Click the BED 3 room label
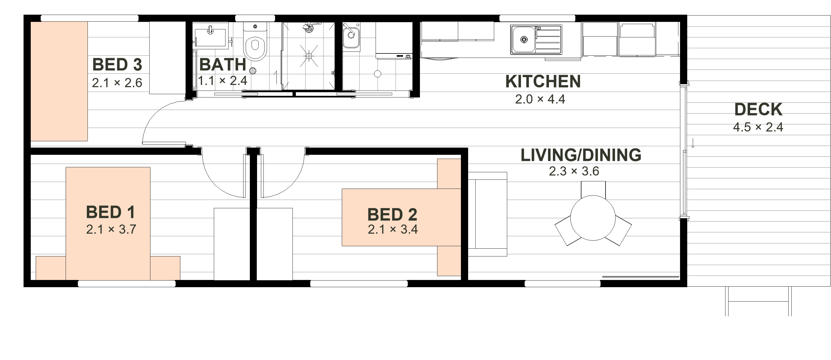click(x=117, y=65)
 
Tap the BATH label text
click(x=223, y=65)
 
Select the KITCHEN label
click(x=543, y=81)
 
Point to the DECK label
click(x=758, y=109)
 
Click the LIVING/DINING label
click(x=581, y=155)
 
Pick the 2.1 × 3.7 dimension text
click(x=111, y=229)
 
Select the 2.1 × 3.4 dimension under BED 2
click(x=393, y=229)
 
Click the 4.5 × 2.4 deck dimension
click(x=758, y=127)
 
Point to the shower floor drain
click(x=309, y=56)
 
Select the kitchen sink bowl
click(x=524, y=39)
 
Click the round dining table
click(x=593, y=218)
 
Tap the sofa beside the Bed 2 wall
click(x=488, y=214)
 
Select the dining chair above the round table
click(x=593, y=189)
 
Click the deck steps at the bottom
click(x=758, y=301)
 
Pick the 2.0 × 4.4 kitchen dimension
click(x=540, y=99)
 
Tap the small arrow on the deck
click(x=693, y=143)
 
